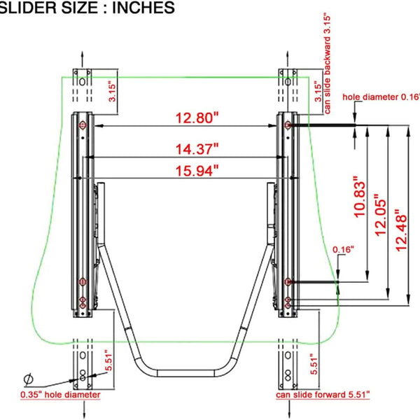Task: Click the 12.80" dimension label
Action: coord(197,118)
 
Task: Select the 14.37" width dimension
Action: coord(197,149)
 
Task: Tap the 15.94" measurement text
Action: coord(197,171)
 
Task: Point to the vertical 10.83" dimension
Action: coord(360,196)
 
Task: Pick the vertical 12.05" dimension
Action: coord(381,215)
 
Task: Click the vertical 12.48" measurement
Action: coord(401,230)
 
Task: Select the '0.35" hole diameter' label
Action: coord(60,395)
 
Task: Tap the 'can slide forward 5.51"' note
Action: coord(323,395)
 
